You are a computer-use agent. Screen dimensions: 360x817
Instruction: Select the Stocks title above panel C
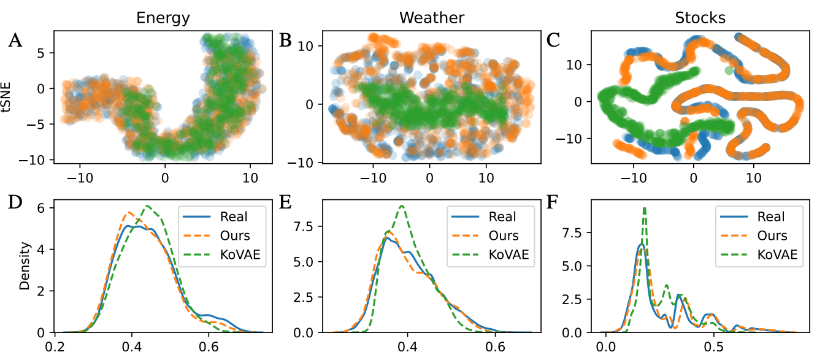point(696,18)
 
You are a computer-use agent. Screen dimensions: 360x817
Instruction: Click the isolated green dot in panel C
point(727,71)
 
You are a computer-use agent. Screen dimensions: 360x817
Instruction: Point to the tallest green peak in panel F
point(645,209)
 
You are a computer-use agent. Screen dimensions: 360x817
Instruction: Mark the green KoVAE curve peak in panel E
point(401,206)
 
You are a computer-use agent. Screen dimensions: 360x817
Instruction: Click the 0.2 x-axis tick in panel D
point(64,346)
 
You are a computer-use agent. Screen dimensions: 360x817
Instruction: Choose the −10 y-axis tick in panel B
point(304,163)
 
